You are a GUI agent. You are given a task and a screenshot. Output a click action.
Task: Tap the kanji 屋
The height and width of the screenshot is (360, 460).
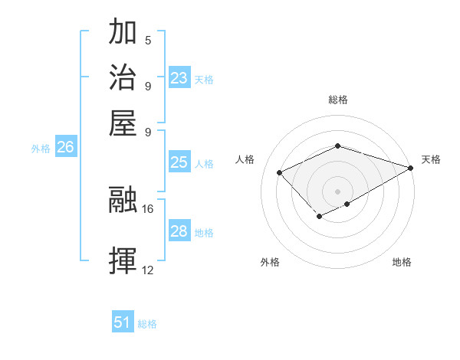[x=123, y=122]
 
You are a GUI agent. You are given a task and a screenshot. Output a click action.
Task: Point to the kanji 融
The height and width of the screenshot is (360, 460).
[x=123, y=200]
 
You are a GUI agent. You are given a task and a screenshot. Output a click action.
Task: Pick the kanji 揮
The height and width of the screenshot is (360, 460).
[x=123, y=261]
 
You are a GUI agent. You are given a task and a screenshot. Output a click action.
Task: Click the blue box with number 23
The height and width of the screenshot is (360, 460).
[x=179, y=77]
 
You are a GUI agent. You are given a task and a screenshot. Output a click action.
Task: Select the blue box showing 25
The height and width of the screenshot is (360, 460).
[x=179, y=162]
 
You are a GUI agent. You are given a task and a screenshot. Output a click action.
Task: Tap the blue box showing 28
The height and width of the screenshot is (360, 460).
[x=179, y=231]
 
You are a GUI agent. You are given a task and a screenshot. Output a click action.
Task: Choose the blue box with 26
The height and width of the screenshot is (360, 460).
[x=65, y=147]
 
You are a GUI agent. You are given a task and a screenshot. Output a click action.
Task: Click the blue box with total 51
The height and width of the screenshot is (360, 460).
[x=123, y=322]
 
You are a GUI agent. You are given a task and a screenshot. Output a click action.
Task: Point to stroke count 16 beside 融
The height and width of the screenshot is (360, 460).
[x=148, y=208]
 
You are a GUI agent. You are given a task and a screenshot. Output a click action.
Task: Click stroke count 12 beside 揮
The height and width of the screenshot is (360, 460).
[x=148, y=270]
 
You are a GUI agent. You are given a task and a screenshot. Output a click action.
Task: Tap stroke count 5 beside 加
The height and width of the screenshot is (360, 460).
[x=148, y=40]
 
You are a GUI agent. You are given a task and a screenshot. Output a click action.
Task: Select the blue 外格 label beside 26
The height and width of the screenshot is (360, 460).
[x=41, y=149]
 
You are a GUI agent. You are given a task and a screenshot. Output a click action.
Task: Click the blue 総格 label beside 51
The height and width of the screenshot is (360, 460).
[x=147, y=324]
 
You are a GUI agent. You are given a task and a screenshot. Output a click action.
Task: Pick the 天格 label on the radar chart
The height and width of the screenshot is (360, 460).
[x=431, y=159]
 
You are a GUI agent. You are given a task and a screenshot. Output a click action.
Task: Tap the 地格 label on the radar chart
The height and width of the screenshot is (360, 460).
[x=402, y=262]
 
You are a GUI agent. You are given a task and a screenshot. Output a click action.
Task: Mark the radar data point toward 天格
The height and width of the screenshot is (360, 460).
[x=411, y=167]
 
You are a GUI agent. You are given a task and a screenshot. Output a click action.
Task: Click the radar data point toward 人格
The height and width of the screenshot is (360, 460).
[x=280, y=173]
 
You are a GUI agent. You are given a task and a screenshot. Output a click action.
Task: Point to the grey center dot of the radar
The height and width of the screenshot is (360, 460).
[x=337, y=191]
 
